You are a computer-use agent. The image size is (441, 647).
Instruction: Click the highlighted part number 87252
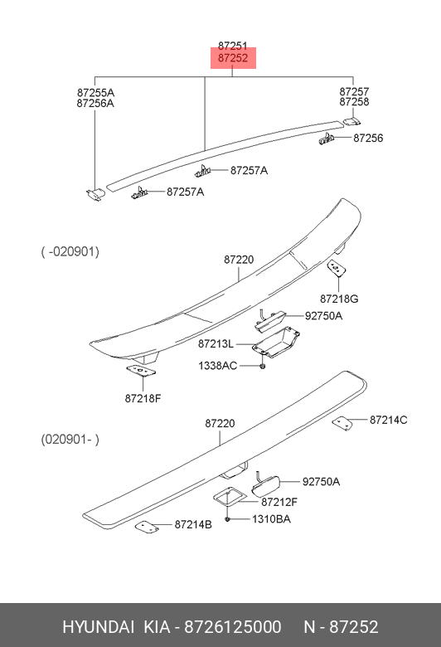(233, 58)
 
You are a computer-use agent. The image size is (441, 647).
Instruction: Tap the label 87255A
(95, 92)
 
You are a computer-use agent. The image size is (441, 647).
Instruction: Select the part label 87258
(354, 102)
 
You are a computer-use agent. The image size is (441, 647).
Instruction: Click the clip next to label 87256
(326, 139)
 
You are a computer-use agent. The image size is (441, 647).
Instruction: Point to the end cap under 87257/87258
(352, 121)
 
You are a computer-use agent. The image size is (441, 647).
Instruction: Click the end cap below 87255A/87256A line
(95, 193)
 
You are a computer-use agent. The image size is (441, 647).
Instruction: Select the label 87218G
(339, 299)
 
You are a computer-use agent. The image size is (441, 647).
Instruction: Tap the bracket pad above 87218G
(337, 268)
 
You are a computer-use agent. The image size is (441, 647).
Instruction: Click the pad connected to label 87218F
(141, 371)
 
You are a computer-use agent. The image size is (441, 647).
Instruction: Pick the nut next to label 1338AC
(263, 367)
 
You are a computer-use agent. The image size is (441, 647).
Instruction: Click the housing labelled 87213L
(275, 342)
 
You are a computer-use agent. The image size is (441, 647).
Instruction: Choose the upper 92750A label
(323, 316)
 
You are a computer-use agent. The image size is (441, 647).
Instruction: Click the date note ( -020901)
(70, 251)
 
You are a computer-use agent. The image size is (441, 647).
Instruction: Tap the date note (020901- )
(70, 440)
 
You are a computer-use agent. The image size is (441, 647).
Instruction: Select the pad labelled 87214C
(342, 423)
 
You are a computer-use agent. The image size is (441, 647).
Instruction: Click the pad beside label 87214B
(148, 527)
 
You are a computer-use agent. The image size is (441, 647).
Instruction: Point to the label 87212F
(279, 502)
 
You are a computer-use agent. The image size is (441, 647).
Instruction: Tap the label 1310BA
(271, 519)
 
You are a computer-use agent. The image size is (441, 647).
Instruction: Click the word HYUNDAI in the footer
(98, 627)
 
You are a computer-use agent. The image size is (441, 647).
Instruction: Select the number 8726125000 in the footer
(233, 627)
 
